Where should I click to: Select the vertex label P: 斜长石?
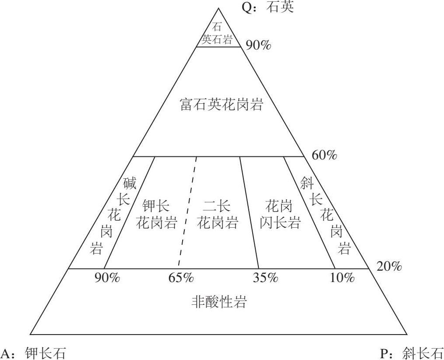click(411, 353)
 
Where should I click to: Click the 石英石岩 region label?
click(217, 33)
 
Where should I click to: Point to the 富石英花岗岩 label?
click(222, 105)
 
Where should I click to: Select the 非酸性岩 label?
click(219, 302)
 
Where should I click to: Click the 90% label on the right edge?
click(258, 45)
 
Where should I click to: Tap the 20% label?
click(389, 266)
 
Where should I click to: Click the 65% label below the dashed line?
click(181, 278)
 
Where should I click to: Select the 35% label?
click(265, 278)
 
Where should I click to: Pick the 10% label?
click(342, 278)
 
